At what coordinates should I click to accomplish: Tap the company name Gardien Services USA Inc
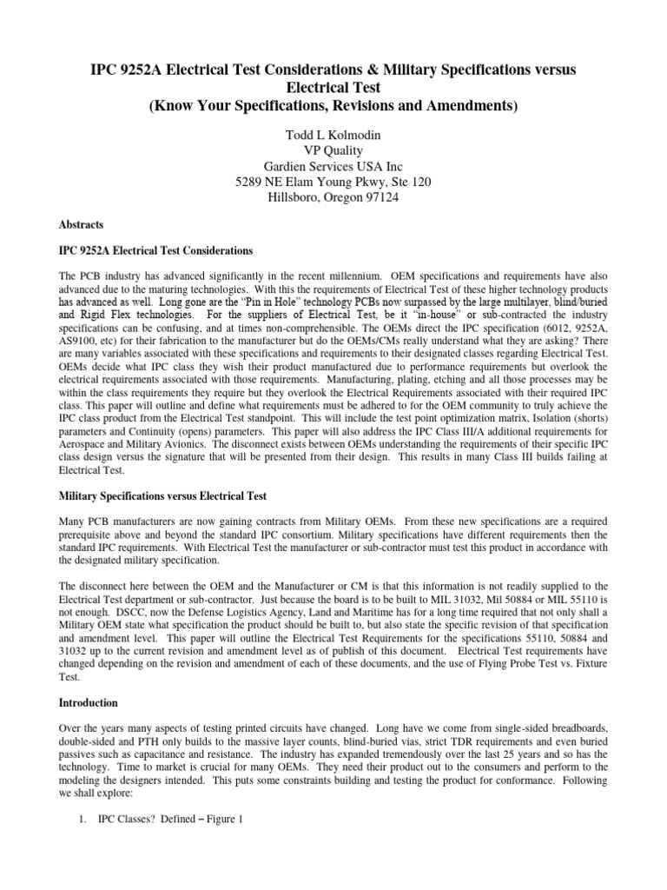(x=333, y=167)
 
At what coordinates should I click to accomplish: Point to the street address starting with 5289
(x=333, y=183)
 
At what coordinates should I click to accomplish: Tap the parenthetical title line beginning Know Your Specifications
(x=333, y=106)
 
